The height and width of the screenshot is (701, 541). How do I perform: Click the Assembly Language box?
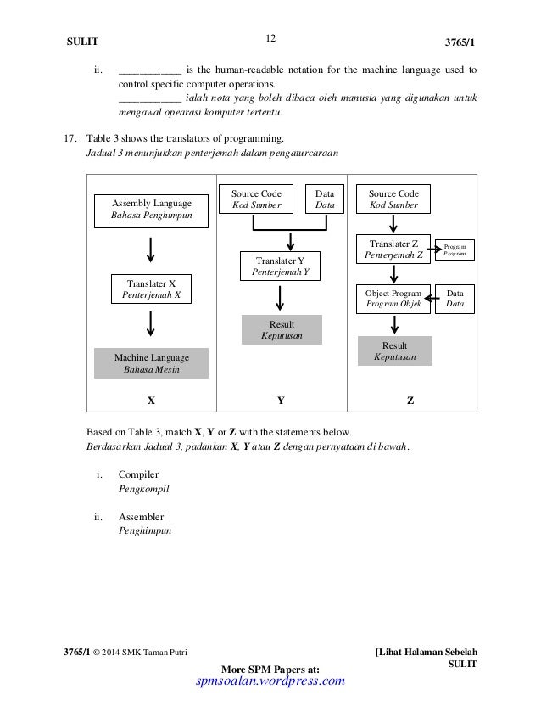153,209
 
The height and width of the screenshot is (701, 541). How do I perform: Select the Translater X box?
151,289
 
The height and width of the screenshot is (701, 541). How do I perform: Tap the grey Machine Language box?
152,363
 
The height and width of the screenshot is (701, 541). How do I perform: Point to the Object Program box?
392,298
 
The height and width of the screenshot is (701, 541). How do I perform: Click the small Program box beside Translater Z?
455,250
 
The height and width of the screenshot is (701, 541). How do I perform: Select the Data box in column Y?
325,199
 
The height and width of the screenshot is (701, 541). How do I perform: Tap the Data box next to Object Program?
455,298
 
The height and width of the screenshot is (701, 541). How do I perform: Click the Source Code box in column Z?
393,199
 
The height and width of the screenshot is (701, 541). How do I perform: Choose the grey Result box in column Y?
282,330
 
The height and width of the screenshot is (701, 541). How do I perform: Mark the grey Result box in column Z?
395,351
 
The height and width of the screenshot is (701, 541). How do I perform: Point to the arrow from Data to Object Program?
429,298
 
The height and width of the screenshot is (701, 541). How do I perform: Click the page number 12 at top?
270,37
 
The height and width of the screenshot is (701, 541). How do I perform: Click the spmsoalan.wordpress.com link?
270,681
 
